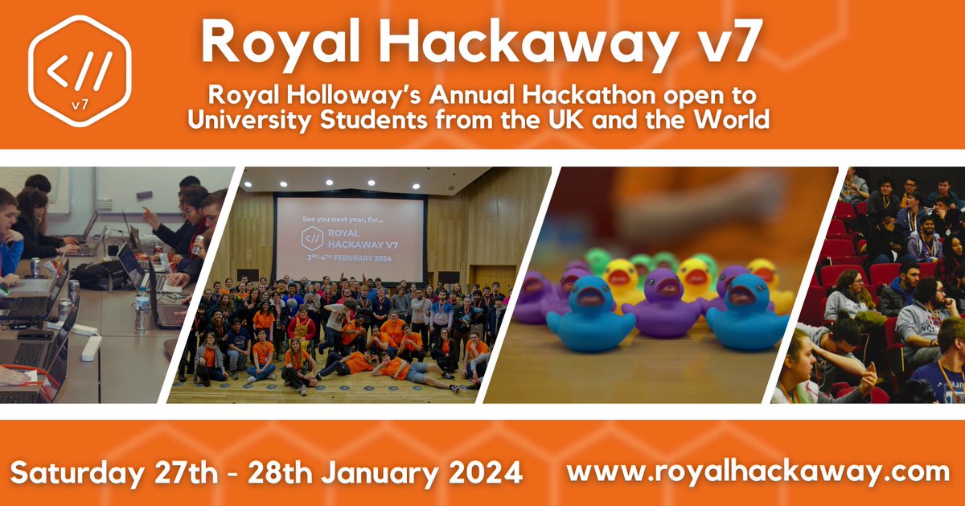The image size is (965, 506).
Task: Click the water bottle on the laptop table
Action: [x=142, y=310]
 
